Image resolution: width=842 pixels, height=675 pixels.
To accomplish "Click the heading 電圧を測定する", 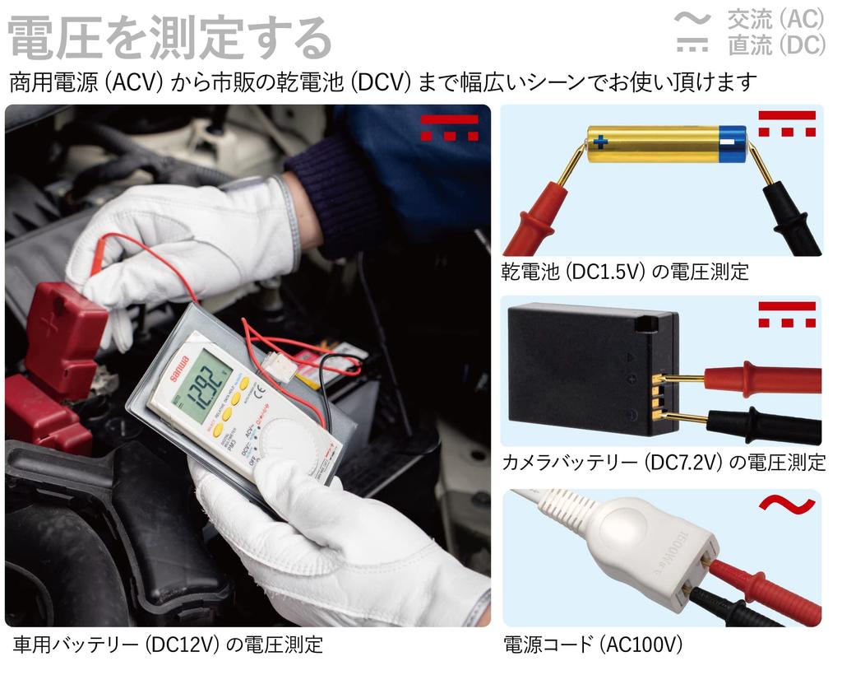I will (x=169, y=37).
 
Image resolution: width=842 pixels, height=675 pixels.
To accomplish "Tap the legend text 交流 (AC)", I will (x=775, y=18).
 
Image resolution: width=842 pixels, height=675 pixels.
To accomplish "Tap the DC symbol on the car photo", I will (x=449, y=128).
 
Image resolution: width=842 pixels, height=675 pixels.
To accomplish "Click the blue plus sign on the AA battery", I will (x=600, y=142).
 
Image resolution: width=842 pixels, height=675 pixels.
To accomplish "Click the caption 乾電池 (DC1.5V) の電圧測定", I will (x=625, y=272).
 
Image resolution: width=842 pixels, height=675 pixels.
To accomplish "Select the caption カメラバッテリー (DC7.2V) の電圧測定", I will (x=664, y=463).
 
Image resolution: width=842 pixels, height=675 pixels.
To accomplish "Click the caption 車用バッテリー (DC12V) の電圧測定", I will (x=168, y=644).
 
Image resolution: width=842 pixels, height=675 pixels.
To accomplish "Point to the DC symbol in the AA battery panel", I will (x=787, y=123).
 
